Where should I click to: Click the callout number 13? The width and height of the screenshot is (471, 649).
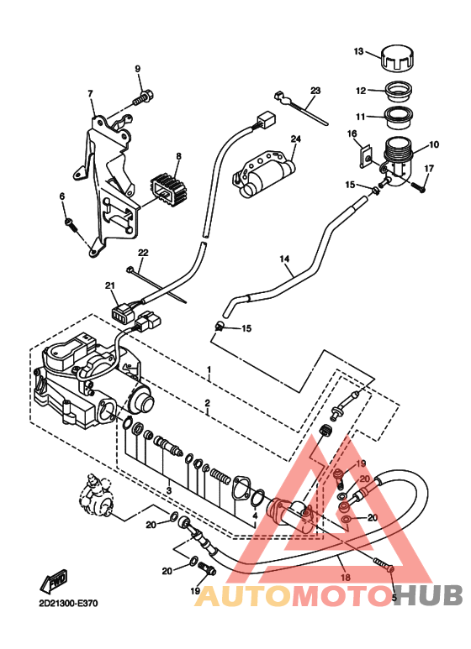point(358,52)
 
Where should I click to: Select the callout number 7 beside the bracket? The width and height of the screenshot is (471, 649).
point(91,105)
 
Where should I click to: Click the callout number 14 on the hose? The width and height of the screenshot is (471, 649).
point(283,259)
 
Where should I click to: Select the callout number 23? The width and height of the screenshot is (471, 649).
point(315,91)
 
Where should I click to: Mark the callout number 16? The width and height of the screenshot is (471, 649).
point(352,133)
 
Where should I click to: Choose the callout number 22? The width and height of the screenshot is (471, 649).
point(143,253)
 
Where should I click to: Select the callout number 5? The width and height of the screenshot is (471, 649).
point(391,598)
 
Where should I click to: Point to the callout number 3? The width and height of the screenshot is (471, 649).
point(169,489)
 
